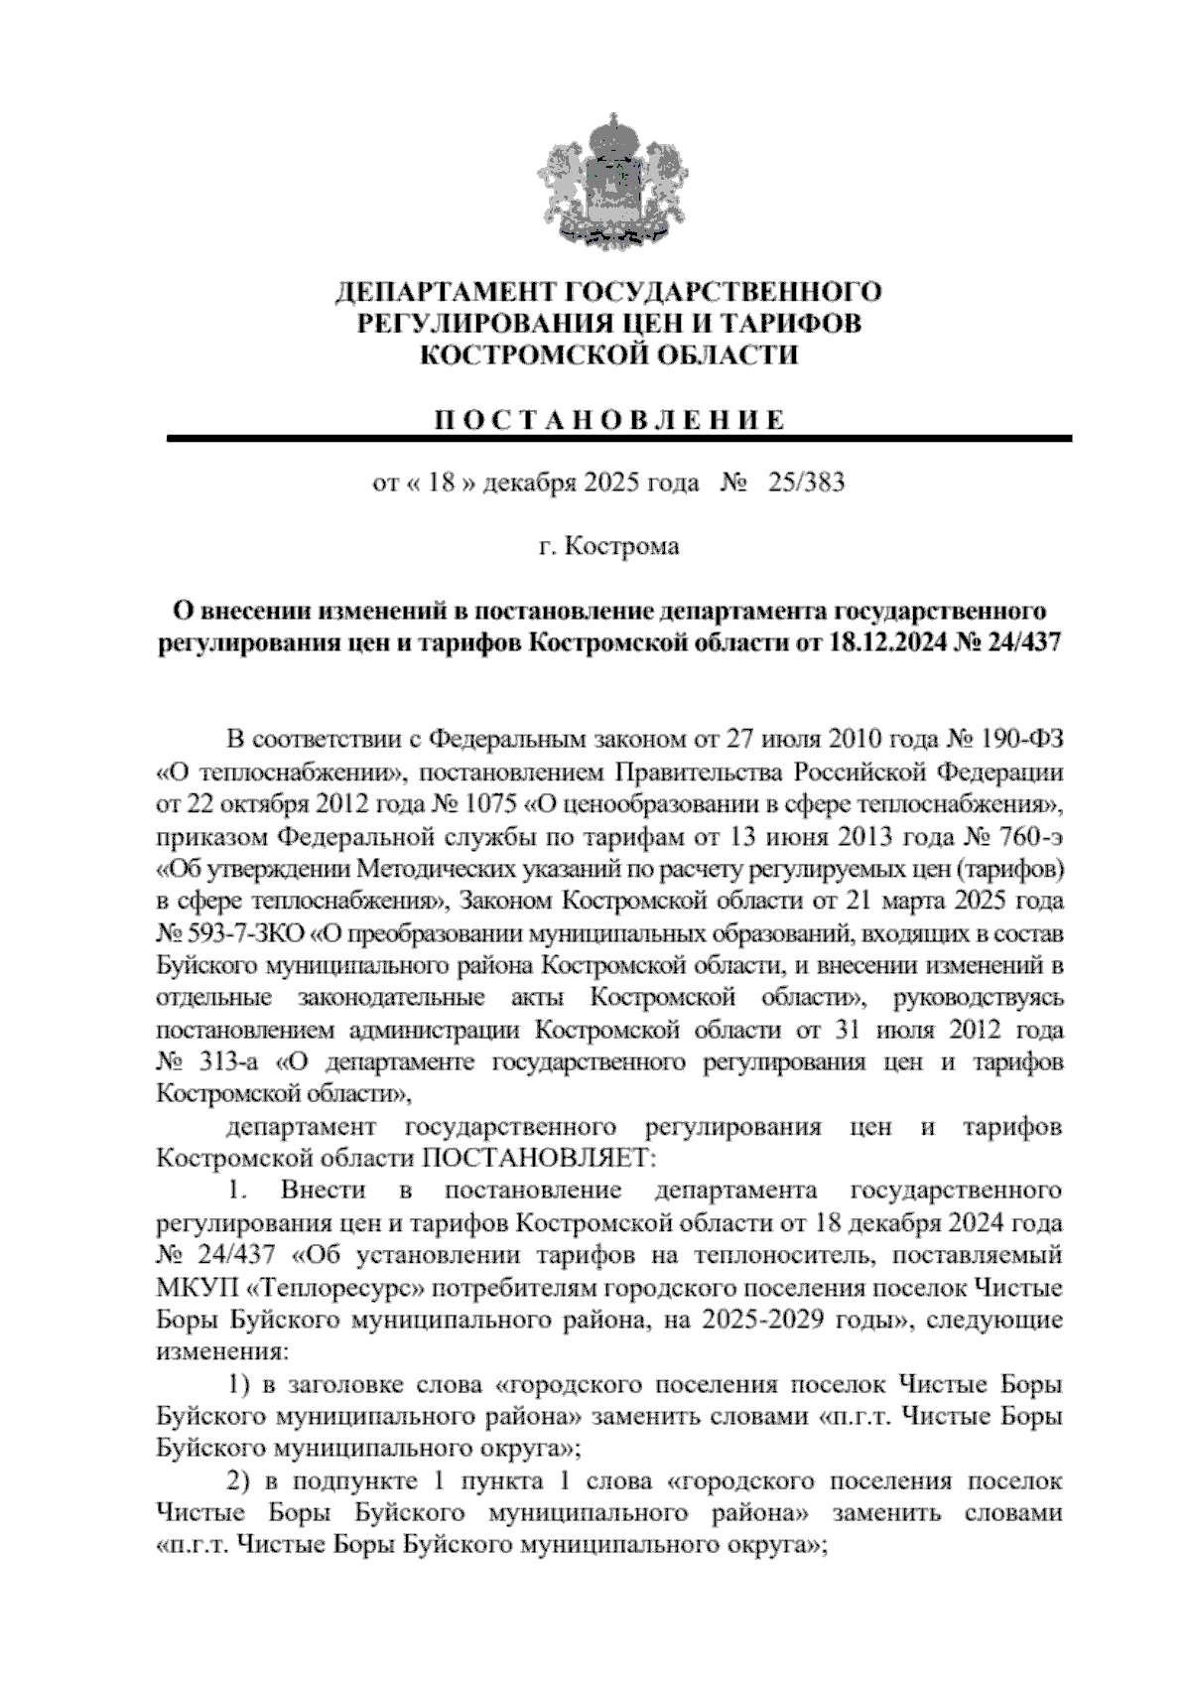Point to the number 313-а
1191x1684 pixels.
coord(230,1063)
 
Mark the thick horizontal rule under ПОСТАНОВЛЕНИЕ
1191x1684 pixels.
coord(618,438)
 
